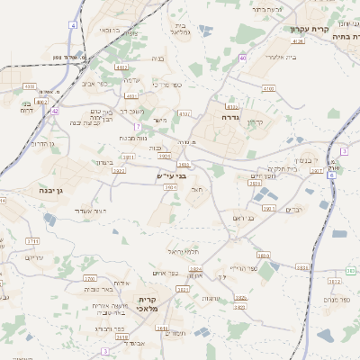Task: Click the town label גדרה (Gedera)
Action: coord(227,117)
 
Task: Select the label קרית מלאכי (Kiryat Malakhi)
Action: coord(148,303)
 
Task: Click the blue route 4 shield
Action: coord(73,25)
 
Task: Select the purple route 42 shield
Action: coord(54,112)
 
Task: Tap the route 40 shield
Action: coord(243,58)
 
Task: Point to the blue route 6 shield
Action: coord(330,176)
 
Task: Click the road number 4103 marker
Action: coord(267,89)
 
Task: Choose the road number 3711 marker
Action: coord(32,242)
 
